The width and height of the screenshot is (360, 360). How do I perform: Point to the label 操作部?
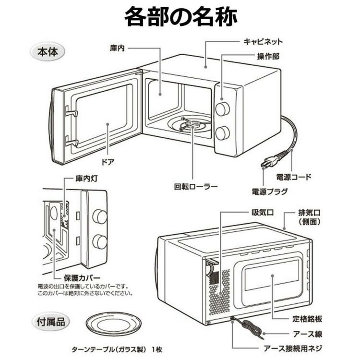pyautogui.click(x=268, y=56)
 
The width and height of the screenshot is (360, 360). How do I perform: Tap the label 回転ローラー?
pyautogui.click(x=195, y=186)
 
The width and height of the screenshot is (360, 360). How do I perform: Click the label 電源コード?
pyautogui.click(x=292, y=177)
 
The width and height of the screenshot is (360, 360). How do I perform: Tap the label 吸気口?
pyautogui.click(x=262, y=212)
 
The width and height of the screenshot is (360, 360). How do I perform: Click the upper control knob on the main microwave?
pyautogui.click(x=222, y=109)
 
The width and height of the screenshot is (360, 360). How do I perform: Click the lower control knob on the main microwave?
pyautogui.click(x=222, y=133)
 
